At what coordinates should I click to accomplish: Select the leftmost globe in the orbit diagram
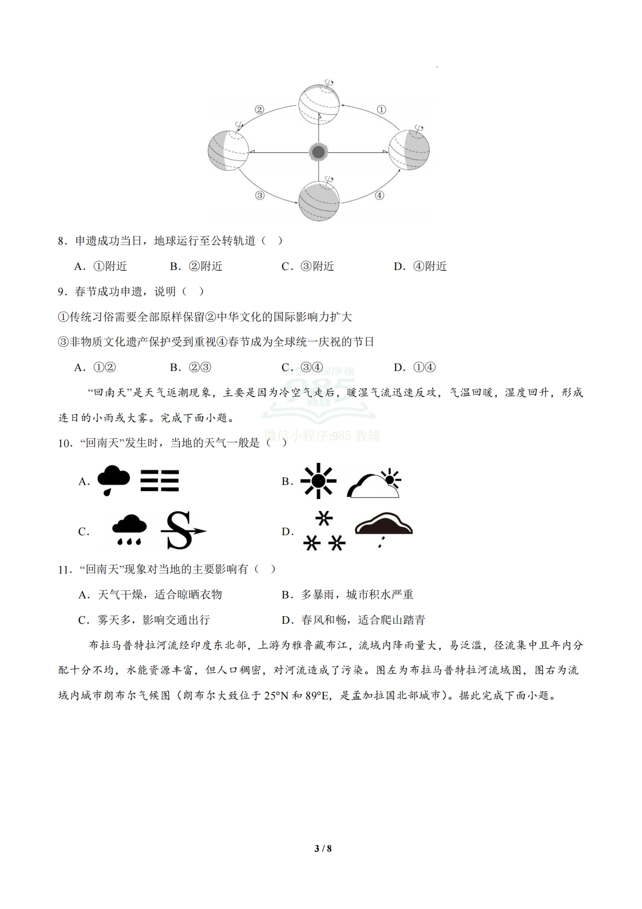(x=228, y=150)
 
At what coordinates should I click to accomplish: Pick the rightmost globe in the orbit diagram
(x=409, y=150)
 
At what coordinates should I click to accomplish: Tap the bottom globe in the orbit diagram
(x=319, y=200)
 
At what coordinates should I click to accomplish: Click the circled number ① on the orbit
(x=381, y=110)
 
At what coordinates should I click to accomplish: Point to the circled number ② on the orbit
(x=259, y=110)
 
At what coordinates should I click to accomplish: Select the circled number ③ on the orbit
(x=259, y=196)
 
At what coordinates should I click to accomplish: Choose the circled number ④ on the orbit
(x=379, y=196)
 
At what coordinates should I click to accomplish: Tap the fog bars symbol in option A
(x=159, y=480)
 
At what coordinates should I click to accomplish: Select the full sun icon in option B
(x=318, y=480)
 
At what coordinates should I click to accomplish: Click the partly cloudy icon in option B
(x=374, y=483)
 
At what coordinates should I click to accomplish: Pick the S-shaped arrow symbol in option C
(x=182, y=530)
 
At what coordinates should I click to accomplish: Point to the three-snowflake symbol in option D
(x=324, y=532)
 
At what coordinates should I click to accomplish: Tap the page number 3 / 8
(x=323, y=849)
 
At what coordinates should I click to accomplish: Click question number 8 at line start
(x=63, y=241)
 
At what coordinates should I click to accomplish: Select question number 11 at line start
(x=65, y=569)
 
